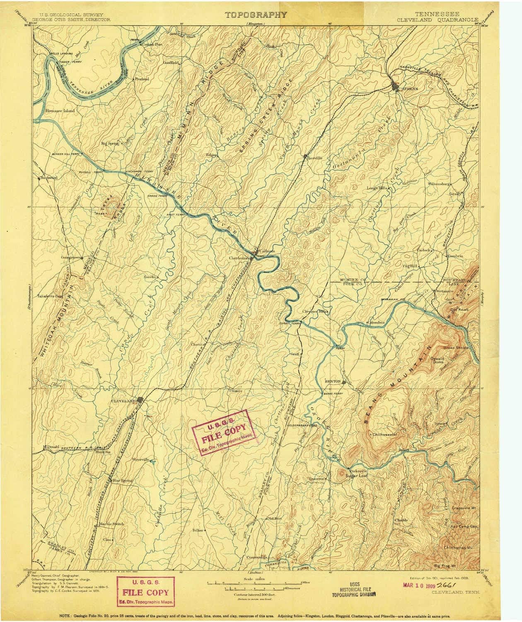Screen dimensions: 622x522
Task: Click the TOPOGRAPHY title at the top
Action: [256, 15]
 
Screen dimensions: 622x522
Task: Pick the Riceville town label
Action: [313, 158]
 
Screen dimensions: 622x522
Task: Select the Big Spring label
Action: [110, 143]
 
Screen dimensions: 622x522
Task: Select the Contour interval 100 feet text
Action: [255, 594]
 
